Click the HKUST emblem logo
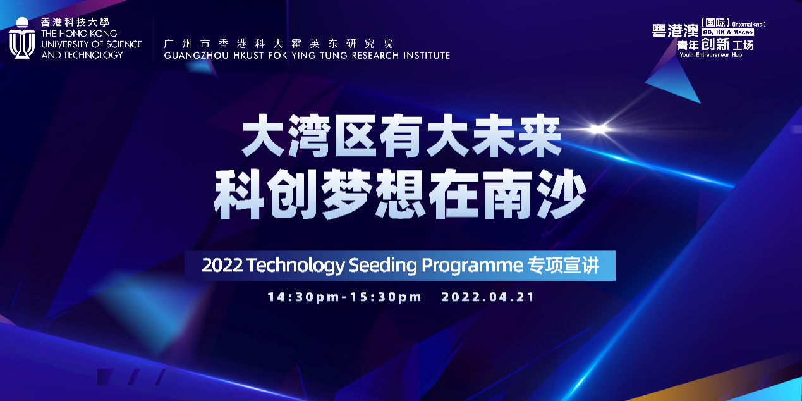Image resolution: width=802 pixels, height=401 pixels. coord(22,38)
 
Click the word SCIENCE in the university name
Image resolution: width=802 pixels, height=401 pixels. coord(124,44)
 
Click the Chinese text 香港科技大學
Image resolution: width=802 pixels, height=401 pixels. coord(75,22)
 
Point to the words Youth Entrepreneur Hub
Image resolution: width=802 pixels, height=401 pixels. coord(711,55)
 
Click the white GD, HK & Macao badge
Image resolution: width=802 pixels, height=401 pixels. coord(728,32)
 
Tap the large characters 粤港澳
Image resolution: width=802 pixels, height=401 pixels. coord(675,31)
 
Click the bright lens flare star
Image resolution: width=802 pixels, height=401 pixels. coord(597,129)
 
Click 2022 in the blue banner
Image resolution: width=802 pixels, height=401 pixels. coord(222,266)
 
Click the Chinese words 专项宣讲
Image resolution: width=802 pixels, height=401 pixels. coord(563,266)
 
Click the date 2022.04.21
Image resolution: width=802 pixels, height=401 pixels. coord(488,297)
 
